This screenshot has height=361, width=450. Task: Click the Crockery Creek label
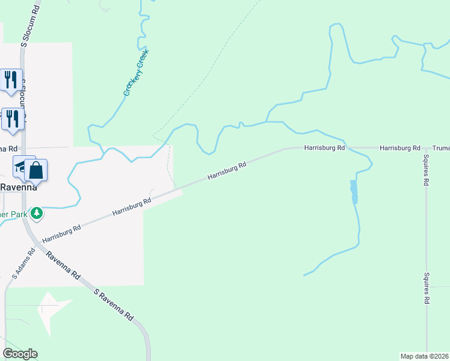(x=137, y=73)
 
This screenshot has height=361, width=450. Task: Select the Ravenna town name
(x=18, y=187)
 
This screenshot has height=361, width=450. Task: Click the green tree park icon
(x=37, y=213)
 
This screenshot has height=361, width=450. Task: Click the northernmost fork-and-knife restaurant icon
(x=11, y=80)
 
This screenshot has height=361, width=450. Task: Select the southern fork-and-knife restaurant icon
(x=12, y=119)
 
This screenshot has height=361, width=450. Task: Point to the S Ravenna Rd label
(x=114, y=304)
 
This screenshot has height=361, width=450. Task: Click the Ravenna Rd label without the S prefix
(x=62, y=265)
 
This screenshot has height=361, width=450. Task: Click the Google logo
(x=20, y=354)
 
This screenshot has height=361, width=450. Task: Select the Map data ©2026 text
(x=425, y=356)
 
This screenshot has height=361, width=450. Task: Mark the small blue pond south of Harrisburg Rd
(x=354, y=191)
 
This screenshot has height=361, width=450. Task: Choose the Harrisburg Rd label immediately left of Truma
(x=399, y=148)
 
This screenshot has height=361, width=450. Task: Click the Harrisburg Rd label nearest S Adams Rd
(x=61, y=234)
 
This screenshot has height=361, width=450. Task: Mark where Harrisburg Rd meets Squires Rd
(x=425, y=148)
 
